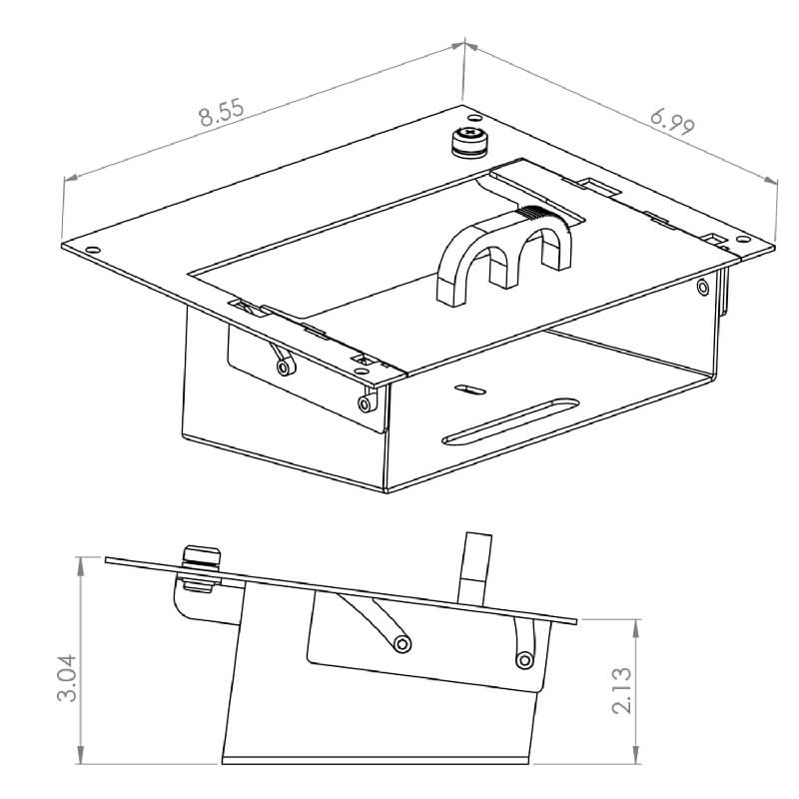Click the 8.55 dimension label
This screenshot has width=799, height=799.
pos(222,113)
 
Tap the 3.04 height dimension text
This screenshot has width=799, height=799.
pos(67,678)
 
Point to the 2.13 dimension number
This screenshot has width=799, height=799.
pos(622,690)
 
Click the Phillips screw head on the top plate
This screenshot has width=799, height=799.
pos(468,134)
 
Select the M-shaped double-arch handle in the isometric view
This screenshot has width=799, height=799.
pos(504,255)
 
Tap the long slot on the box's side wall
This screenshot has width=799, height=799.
pos(510,420)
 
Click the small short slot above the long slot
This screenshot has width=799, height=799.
pos(469,390)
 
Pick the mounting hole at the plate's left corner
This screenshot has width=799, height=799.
pos(93,250)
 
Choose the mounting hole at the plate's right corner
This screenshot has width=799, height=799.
pos(743,239)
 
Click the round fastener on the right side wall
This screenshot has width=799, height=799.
pos(703,288)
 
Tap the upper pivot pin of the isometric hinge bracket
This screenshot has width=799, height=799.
pos(286,367)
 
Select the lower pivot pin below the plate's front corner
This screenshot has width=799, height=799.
pos(366,404)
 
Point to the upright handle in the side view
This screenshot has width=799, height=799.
pos(474,569)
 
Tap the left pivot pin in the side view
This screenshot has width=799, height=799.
pos(402,644)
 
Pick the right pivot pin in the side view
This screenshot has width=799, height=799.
pos(523,660)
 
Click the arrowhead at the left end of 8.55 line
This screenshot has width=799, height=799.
pos(71,177)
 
